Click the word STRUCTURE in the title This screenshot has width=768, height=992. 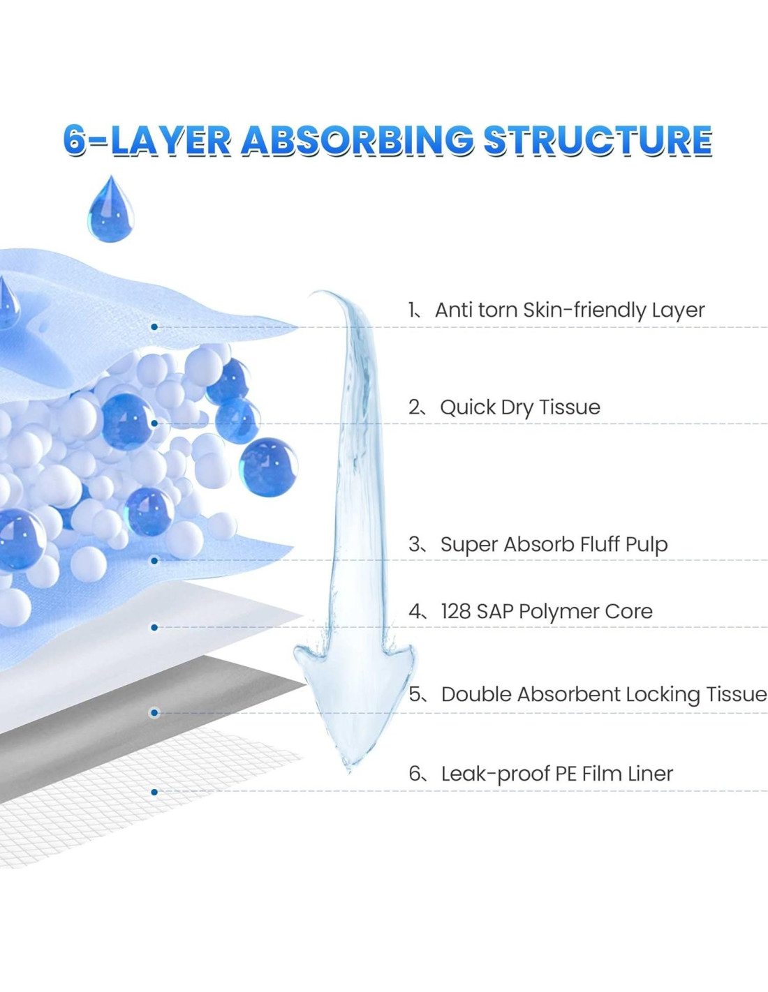(x=598, y=140)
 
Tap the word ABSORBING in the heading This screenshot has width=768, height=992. (x=357, y=140)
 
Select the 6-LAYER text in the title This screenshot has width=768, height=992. (x=146, y=140)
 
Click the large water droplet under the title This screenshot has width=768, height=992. (x=110, y=209)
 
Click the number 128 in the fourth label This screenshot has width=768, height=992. (x=455, y=611)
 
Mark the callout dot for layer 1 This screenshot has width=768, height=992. (x=154, y=326)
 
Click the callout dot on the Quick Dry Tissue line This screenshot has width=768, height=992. (x=154, y=423)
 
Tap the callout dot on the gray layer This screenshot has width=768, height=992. (x=154, y=712)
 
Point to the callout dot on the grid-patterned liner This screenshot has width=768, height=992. (x=154, y=792)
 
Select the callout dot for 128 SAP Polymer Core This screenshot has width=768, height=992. (x=154, y=627)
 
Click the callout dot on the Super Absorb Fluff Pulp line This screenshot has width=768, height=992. (x=154, y=560)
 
